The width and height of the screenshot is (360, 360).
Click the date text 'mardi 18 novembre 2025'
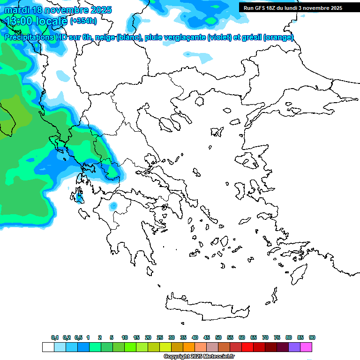[x=58, y=10]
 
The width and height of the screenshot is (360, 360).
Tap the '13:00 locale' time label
[x=36, y=21]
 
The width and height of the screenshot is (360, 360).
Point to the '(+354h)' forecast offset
[x=84, y=21]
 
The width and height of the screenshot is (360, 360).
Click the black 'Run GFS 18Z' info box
[x=291, y=8]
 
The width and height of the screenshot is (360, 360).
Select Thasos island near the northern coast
[x=200, y=101]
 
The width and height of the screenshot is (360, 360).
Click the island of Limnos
[x=217, y=132]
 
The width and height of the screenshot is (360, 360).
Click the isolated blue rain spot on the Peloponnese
[x=113, y=206]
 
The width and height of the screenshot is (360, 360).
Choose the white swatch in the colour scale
[x=48, y=347]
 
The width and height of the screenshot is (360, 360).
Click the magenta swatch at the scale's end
[x=307, y=347]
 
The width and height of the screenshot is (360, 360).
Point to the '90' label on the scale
[x=312, y=337]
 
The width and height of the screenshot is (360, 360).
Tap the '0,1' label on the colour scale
[x=55, y=337]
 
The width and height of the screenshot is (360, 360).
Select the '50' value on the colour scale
[x=218, y=337]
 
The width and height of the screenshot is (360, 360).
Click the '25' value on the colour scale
[x=160, y=337]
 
